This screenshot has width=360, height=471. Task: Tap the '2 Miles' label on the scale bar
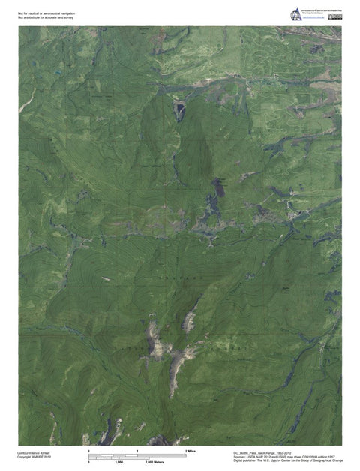pyautogui.click(x=190, y=450)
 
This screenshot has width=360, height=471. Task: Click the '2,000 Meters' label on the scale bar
pyautogui.click(x=155, y=462)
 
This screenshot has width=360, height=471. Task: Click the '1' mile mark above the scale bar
pyautogui.click(x=137, y=450)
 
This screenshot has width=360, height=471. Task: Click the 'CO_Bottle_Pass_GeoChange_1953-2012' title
pyautogui.click(x=262, y=452)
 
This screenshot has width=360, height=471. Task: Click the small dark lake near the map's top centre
pyautogui.click(x=180, y=110)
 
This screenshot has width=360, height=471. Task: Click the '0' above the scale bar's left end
pyautogui.click(x=89, y=450)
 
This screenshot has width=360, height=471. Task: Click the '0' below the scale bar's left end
pyautogui.click(x=89, y=462)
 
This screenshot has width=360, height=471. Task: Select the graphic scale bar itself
pyautogui.click(x=137, y=456)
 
